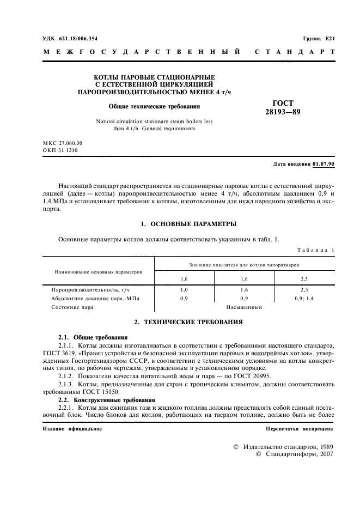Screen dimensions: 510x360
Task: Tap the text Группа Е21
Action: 319,39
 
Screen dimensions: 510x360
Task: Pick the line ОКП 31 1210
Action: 59,149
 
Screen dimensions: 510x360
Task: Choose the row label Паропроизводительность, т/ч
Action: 89,290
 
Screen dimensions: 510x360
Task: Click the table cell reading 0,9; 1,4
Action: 304,299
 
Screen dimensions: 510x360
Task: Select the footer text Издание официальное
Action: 71,429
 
